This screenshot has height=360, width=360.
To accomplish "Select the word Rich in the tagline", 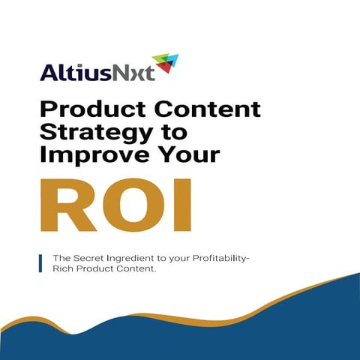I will click(x=63, y=270).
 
